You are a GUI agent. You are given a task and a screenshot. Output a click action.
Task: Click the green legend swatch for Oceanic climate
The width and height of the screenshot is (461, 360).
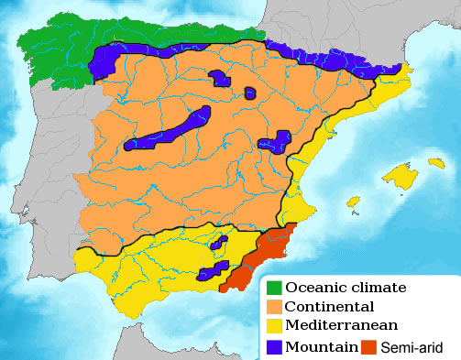[273, 288]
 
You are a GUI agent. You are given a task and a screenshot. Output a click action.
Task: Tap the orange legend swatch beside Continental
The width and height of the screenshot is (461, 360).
[273, 307]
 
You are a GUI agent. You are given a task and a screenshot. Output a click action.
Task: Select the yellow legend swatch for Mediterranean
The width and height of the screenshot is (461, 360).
[273, 326]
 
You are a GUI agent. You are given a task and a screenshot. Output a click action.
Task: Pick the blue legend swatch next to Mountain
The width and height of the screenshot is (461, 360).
[273, 346]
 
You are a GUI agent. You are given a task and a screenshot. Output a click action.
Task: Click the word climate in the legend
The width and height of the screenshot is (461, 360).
[379, 288]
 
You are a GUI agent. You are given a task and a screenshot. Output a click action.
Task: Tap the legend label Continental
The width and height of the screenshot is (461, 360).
[330, 307]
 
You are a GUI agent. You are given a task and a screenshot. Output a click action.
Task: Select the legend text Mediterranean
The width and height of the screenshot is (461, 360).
[341, 326]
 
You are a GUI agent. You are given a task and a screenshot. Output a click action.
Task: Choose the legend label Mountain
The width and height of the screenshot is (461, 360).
[320, 346]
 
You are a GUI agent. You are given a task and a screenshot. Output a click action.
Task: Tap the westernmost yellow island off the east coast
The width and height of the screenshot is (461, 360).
[352, 202]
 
